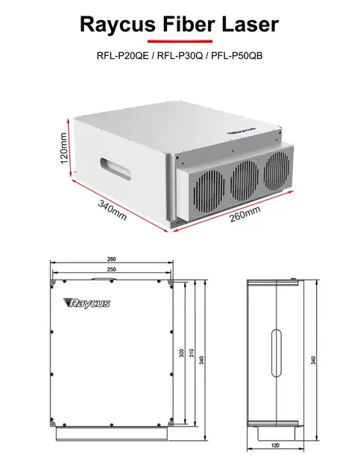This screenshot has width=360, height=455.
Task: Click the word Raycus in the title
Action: [118, 25]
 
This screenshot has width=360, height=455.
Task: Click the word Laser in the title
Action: [250, 24]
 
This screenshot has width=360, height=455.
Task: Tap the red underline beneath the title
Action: [180, 42]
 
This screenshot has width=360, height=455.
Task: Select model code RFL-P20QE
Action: [122, 55]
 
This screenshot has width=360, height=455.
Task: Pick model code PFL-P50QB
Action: [237, 55]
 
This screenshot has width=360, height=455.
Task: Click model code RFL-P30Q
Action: [180, 55]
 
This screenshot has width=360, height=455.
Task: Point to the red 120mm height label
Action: [64, 148]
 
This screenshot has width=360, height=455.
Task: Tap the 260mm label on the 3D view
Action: [245, 214]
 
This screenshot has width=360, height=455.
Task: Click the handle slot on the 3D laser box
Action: [116, 169]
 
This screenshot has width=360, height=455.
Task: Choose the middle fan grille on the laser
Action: [244, 181]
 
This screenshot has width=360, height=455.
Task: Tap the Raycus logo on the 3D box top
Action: [241, 131]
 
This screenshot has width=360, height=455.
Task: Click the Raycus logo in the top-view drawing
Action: [86, 304]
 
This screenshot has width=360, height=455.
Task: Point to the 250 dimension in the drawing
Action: [111, 269]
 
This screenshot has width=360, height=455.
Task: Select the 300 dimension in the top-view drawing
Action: [181, 353]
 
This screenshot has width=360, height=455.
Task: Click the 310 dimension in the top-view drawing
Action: [192, 353]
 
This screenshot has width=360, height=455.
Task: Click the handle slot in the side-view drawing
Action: [277, 353]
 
